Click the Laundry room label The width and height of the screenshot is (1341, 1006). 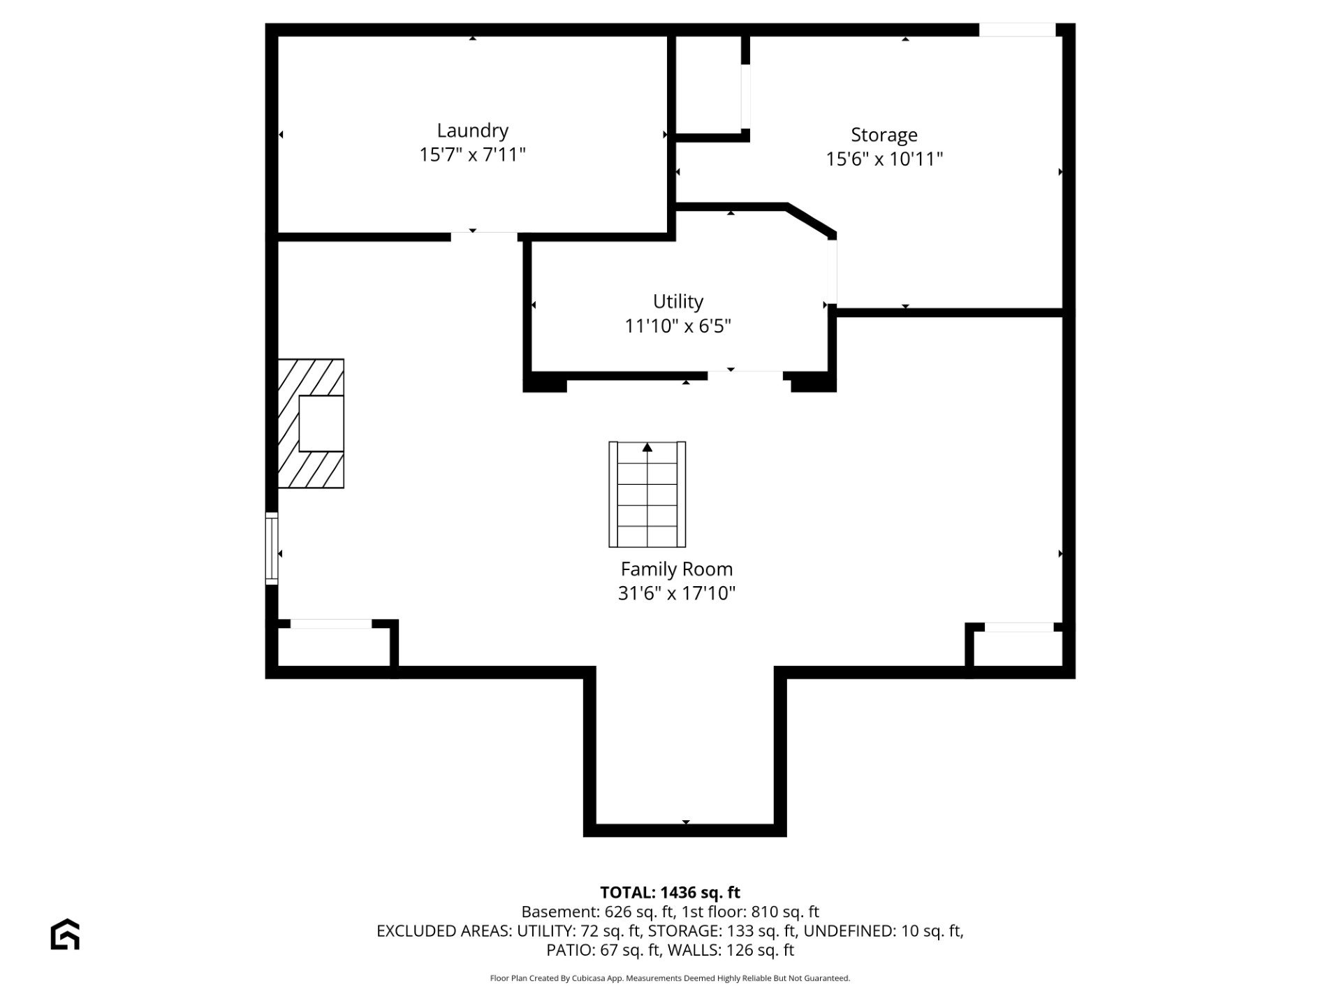click(x=472, y=131)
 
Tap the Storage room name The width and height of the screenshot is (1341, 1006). click(x=884, y=135)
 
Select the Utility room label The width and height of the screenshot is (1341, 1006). click(x=677, y=301)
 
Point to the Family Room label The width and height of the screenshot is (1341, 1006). click(x=676, y=569)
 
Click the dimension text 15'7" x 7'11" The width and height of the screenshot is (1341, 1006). click(x=472, y=154)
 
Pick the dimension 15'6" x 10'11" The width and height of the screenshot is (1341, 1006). click(x=884, y=159)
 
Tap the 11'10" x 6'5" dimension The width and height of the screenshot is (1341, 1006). click(x=677, y=326)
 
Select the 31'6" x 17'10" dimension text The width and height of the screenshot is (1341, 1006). click(x=677, y=593)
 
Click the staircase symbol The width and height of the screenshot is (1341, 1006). click(x=647, y=494)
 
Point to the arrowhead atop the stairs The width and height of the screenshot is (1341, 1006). click(x=647, y=447)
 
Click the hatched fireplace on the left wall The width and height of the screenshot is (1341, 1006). click(x=311, y=423)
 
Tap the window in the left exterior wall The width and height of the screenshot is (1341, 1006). click(x=272, y=548)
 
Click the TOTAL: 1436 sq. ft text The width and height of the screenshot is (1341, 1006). click(x=670, y=892)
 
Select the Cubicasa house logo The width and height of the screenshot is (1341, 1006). click(x=65, y=934)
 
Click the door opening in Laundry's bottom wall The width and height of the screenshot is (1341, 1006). click(x=484, y=237)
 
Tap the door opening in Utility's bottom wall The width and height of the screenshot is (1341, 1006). click(x=745, y=376)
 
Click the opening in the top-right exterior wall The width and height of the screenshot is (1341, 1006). click(x=1017, y=29)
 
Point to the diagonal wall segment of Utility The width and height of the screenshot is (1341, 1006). click(x=812, y=220)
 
